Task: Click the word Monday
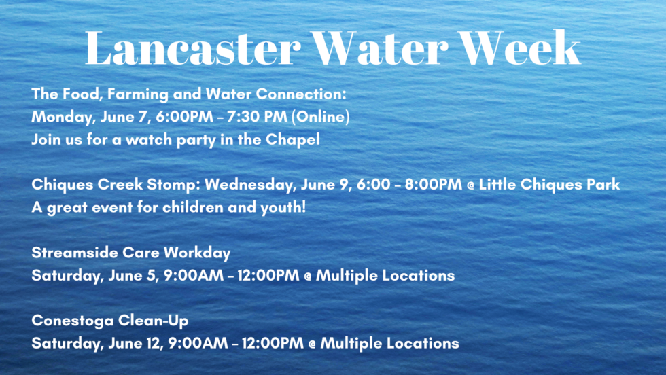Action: pos(56,116)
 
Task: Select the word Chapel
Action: pos(296,141)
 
